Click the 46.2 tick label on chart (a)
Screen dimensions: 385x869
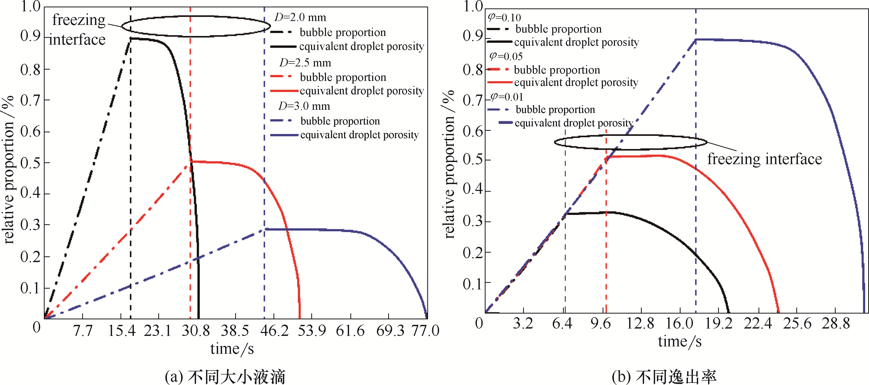click(274, 331)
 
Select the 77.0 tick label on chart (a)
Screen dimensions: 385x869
click(425, 331)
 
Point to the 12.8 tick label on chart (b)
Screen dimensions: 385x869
click(640, 324)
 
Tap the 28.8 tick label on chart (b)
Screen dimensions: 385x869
click(835, 324)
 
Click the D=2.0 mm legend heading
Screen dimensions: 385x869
click(300, 17)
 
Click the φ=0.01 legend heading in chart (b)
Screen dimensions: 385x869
click(506, 97)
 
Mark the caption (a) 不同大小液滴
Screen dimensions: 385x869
click(225, 377)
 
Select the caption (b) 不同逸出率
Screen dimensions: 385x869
click(664, 377)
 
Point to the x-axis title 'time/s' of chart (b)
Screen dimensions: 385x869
click(680, 341)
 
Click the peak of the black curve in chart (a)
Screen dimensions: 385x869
click(131, 38)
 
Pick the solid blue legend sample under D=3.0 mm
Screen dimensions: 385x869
click(284, 135)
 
